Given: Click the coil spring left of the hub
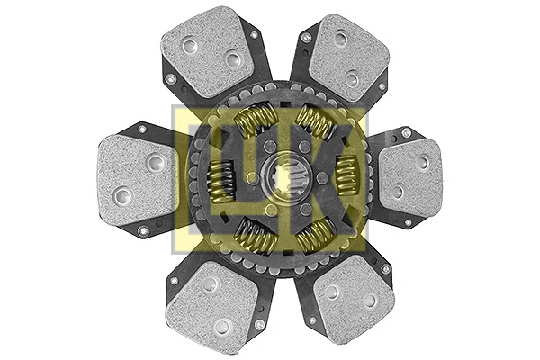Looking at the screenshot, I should (x=222, y=177).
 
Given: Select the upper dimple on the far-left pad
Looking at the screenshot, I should (x=155, y=163).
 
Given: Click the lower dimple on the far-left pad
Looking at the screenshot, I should (x=122, y=194).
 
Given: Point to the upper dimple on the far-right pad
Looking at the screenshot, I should (x=423, y=163).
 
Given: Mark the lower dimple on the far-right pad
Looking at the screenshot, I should (x=397, y=191).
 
